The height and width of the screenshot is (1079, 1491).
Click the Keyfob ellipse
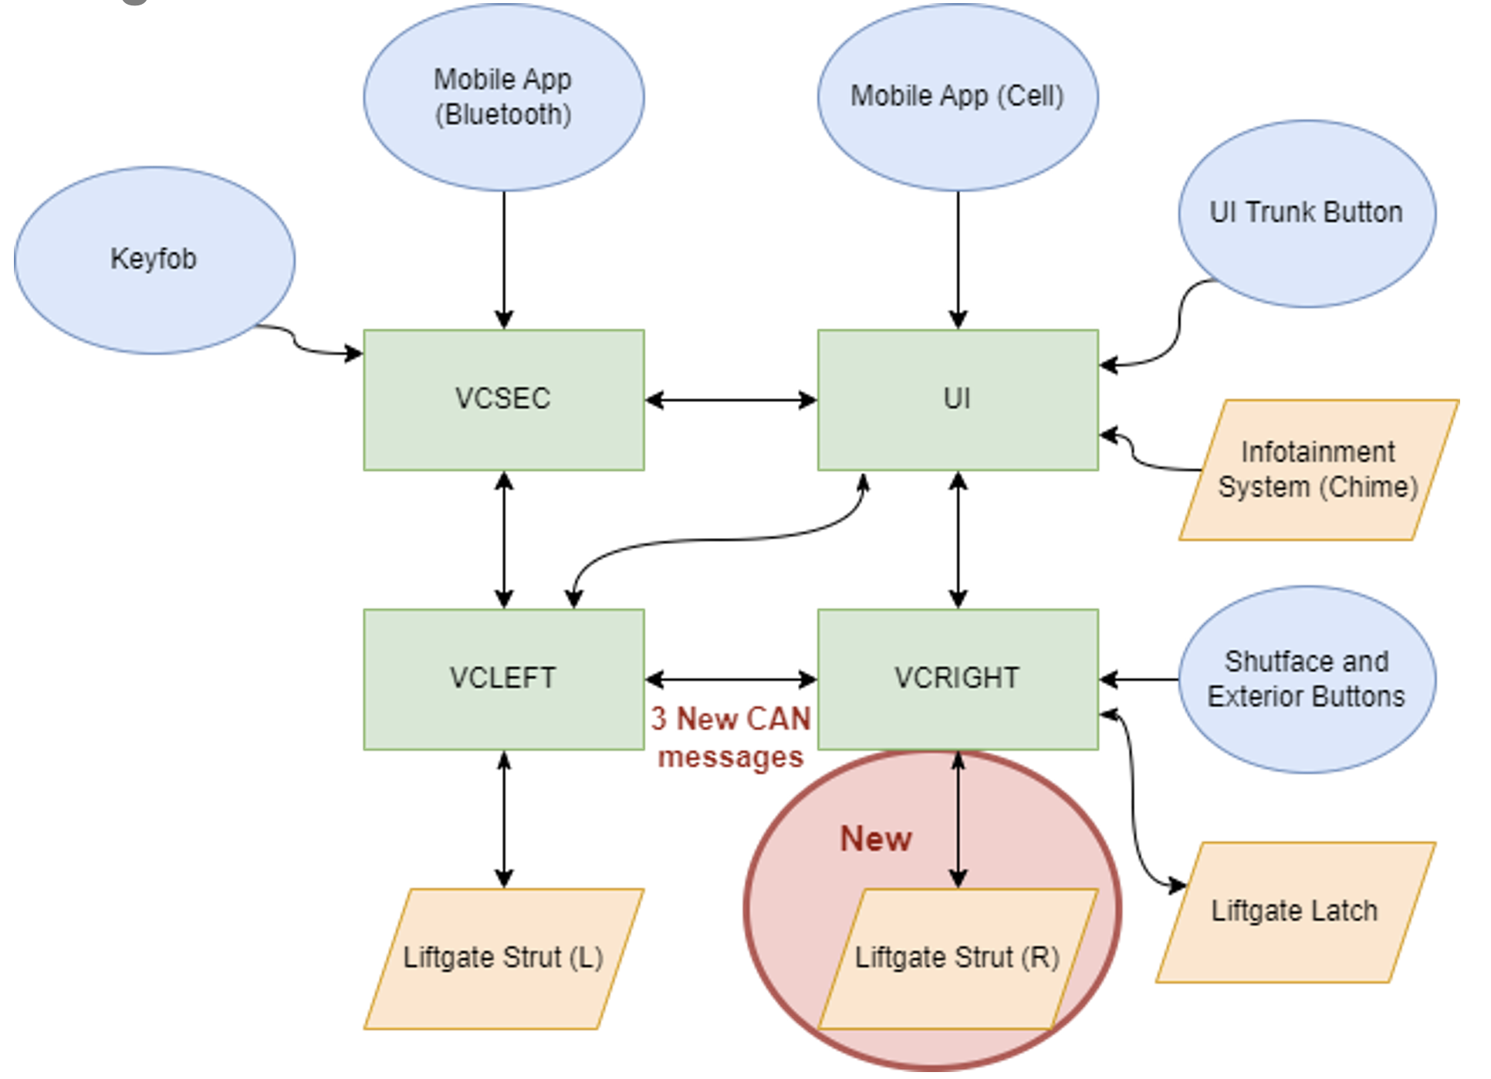pyautogui.click(x=154, y=260)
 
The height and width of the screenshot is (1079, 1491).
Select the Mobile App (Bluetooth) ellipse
pyautogui.click(x=504, y=97)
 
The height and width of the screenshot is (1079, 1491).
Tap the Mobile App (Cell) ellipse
pyautogui.click(x=958, y=97)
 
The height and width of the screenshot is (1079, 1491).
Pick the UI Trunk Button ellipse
pyautogui.click(x=1307, y=213)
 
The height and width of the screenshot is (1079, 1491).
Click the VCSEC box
pyautogui.click(x=504, y=400)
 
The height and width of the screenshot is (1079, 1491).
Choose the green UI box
pyautogui.click(x=958, y=400)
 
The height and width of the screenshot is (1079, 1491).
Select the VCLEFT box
pyautogui.click(x=504, y=679)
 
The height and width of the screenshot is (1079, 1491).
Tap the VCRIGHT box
pyautogui.click(x=958, y=679)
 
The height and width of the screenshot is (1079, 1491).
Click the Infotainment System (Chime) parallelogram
pyautogui.click(x=1318, y=469)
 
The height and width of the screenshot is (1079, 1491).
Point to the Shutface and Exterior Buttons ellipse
pyautogui.click(x=1307, y=679)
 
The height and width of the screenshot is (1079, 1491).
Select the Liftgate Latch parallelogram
pyautogui.click(x=1295, y=912)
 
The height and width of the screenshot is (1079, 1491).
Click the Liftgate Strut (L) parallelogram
pyautogui.click(x=504, y=959)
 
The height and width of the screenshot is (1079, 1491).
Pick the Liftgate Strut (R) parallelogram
pyautogui.click(x=958, y=959)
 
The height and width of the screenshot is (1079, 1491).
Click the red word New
pyautogui.click(x=876, y=839)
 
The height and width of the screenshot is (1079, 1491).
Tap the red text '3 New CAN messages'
pyautogui.click(x=730, y=738)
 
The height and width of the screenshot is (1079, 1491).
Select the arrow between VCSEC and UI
pyautogui.click(x=731, y=400)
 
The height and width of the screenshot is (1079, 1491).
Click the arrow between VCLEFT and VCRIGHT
pyautogui.click(x=731, y=679)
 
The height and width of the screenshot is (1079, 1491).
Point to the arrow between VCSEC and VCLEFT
pyautogui.click(x=504, y=539)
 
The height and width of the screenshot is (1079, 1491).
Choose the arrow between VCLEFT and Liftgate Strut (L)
pyautogui.click(x=504, y=819)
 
